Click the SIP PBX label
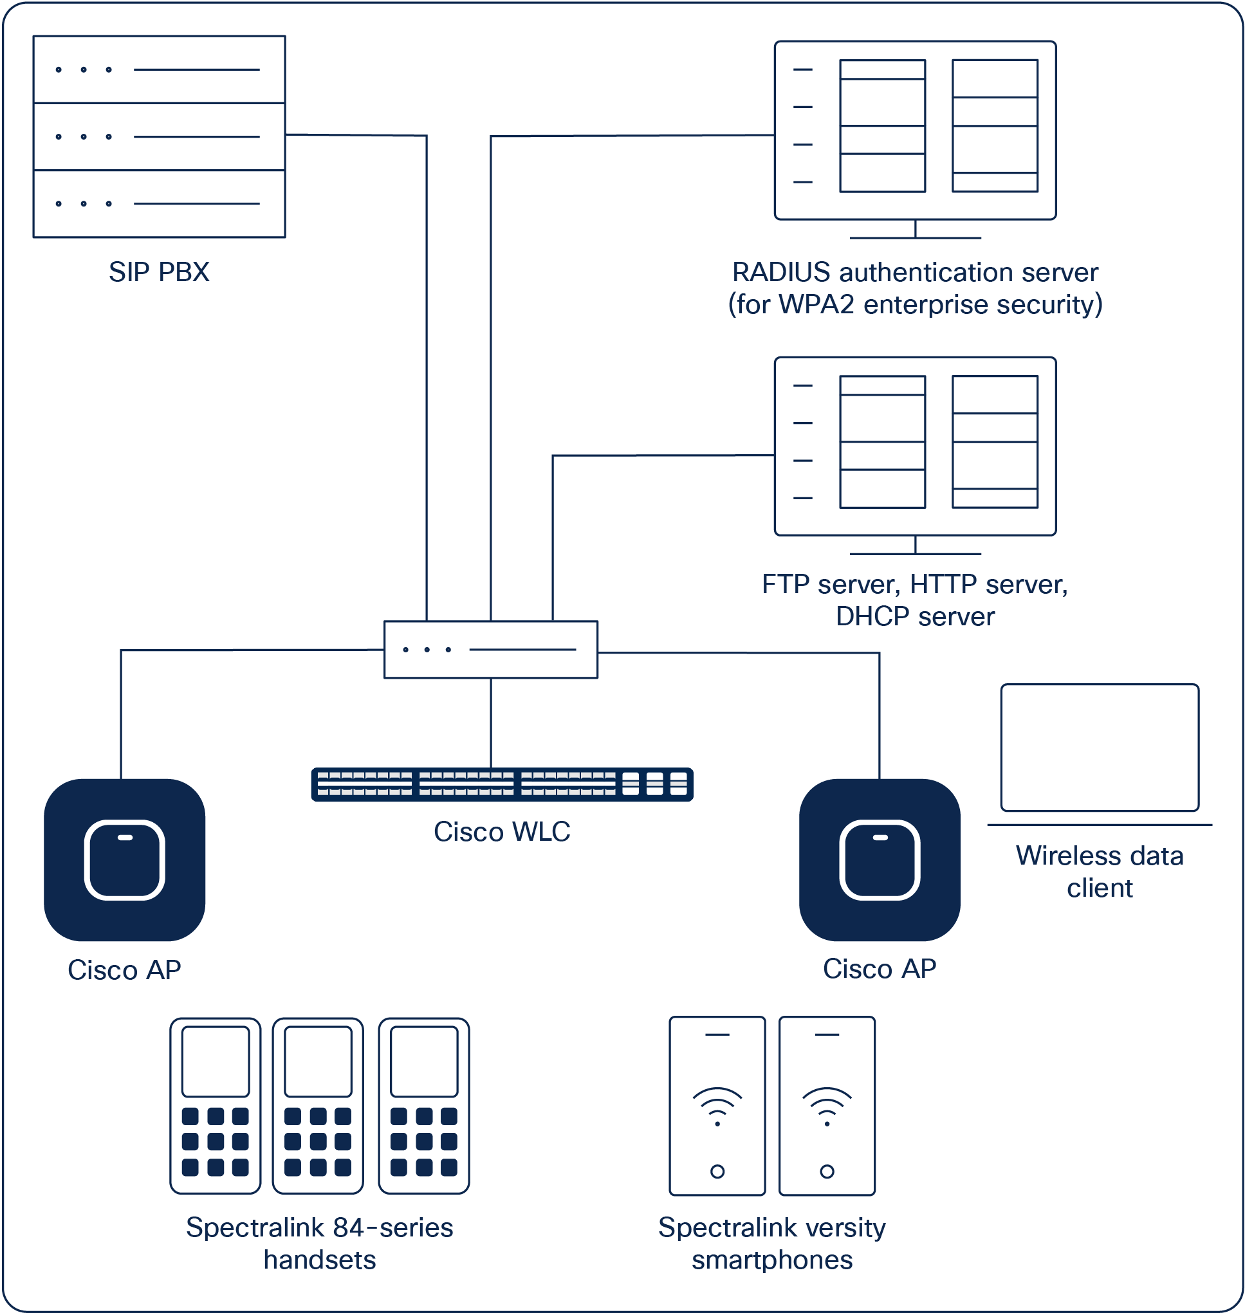pos(159,271)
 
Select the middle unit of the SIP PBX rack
pos(159,136)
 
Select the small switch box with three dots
pos(490,650)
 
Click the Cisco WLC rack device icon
pos(502,784)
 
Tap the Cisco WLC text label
pos(502,831)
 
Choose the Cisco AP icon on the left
pos(124,860)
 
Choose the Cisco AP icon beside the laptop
pos(880,860)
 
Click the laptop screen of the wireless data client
pos(1099,748)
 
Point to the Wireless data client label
pos(1099,871)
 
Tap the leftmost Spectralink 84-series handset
pos(215,1105)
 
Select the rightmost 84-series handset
pos(423,1105)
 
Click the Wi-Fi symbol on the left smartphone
pos(717,1105)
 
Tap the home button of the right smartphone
pos(826,1171)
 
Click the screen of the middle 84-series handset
pos(318,1061)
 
